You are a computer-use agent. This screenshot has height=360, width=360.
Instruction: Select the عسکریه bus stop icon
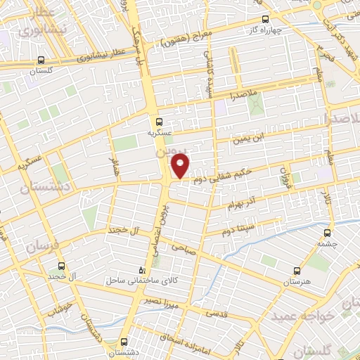click(159, 120)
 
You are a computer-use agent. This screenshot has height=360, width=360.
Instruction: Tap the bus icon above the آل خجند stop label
click(62, 266)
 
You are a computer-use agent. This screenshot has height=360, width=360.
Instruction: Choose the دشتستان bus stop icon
click(125, 342)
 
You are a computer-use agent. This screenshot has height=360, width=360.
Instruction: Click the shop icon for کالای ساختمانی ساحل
click(143, 269)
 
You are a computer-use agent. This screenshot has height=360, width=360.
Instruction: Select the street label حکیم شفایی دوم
click(212, 178)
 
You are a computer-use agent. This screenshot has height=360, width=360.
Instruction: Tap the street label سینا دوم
click(238, 230)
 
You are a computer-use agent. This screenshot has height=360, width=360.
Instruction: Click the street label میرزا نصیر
click(163, 304)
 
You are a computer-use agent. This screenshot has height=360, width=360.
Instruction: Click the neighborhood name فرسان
click(44, 246)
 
